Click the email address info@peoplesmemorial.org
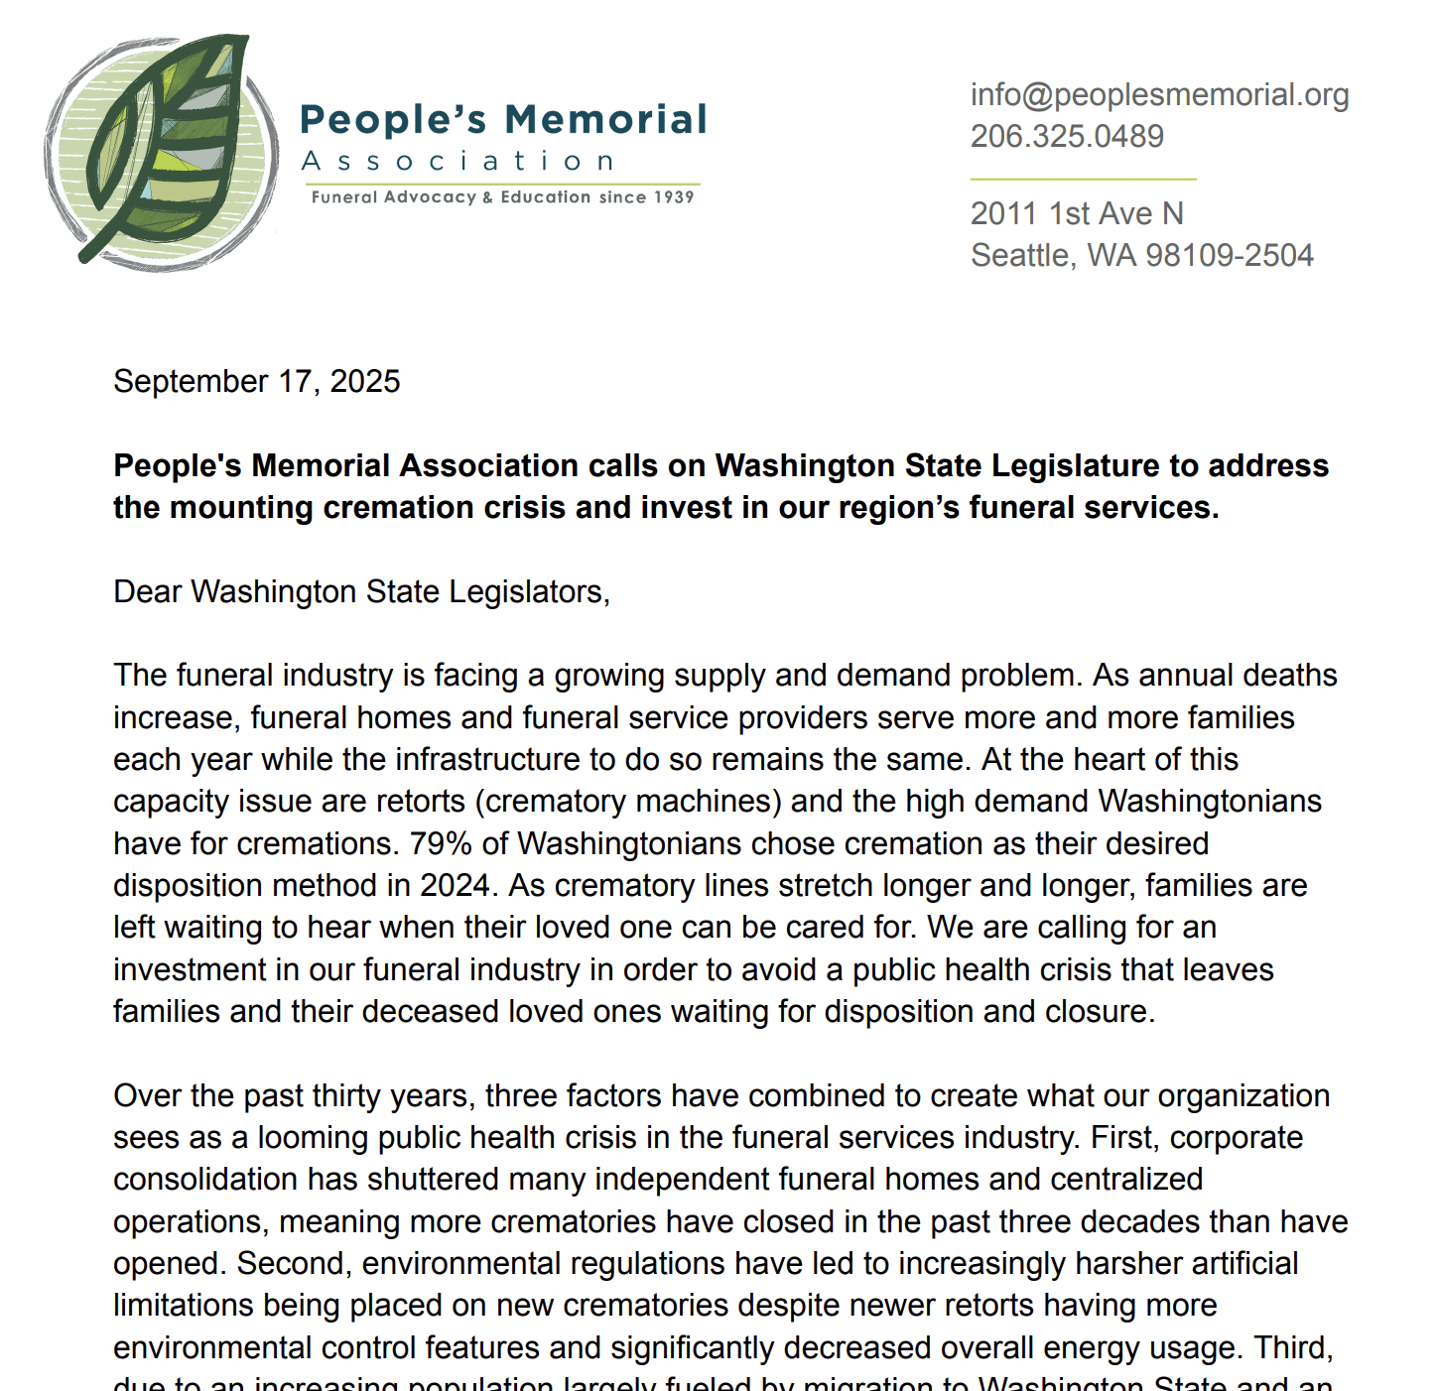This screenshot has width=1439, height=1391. [1159, 95]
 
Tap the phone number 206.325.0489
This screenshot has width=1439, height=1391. [1067, 137]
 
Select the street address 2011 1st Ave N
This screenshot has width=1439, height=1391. [1077, 214]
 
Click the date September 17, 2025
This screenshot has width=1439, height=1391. [257, 382]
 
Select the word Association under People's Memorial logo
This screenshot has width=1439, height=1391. [458, 162]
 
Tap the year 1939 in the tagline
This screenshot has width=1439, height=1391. [674, 197]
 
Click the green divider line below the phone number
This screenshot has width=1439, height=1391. [1083, 179]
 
